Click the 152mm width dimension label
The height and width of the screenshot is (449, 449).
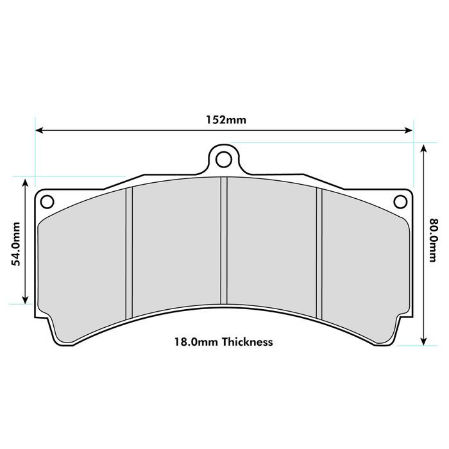[x=226, y=120]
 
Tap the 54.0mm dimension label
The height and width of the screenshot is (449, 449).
[x=16, y=244]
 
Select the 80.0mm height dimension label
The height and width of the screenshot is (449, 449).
[x=432, y=241]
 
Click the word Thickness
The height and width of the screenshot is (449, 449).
[x=248, y=342]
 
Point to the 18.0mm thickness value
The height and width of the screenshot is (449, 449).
[x=196, y=342]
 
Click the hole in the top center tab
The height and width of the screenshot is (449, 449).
[x=224, y=160]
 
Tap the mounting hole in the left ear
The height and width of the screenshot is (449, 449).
[x=47, y=201]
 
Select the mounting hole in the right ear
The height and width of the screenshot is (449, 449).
[x=400, y=201]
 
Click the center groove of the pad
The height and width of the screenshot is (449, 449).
[x=224, y=241]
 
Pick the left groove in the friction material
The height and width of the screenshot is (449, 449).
[x=129, y=253]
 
